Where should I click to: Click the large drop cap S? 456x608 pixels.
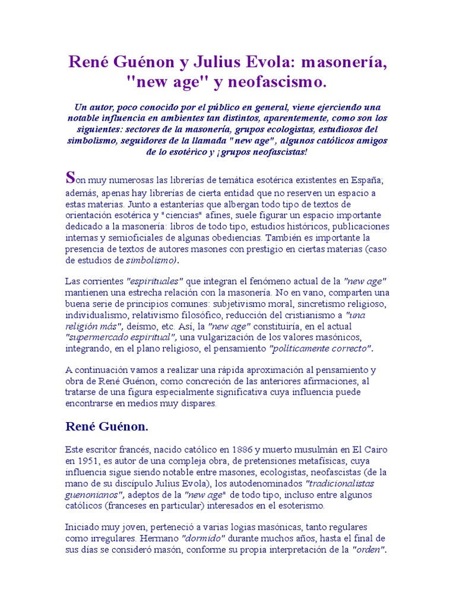click(70, 177)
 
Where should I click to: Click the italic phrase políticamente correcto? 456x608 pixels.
click(321, 348)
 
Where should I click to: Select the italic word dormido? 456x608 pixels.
click(203, 539)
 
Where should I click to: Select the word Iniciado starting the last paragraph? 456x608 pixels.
click(83, 527)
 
